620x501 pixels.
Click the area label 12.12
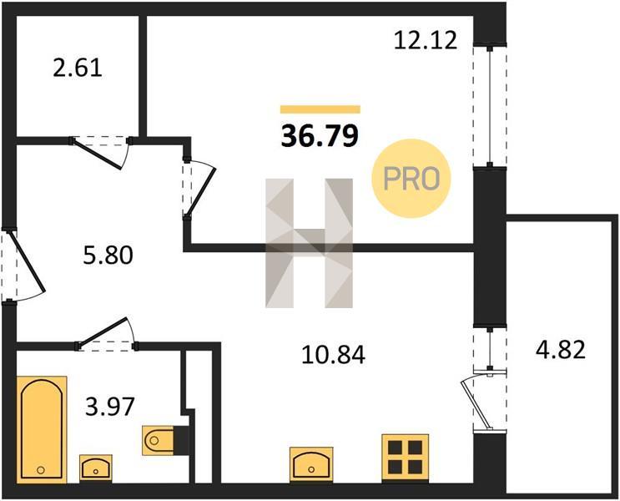coord(426,40)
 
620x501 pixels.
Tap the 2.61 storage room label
coord(78,68)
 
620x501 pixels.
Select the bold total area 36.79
coord(320,135)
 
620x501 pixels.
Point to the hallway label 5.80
coord(108,256)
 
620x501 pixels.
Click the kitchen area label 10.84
coord(333,355)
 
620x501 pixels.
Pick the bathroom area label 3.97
coord(110,407)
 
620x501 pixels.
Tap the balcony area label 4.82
coord(561,350)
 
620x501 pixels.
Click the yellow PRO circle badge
coord(411,178)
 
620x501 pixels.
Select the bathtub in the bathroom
coord(42,429)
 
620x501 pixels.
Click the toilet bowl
coord(159,440)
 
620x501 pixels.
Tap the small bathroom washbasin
coord(96,468)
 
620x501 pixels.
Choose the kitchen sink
coord(311,464)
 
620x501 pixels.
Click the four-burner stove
coord(406,458)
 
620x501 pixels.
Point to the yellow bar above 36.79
coord(320,109)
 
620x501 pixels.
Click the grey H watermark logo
coord(310,243)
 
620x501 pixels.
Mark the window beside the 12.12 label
coord(490,106)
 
